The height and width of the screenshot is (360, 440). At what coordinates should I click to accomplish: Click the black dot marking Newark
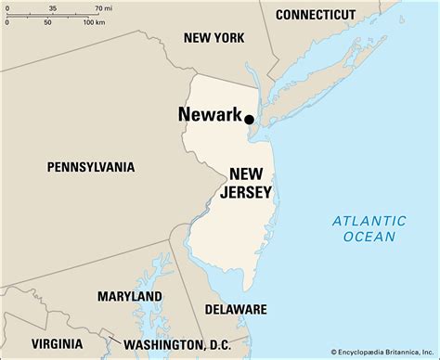pos(249,118)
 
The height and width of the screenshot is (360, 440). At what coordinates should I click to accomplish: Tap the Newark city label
pos(210,116)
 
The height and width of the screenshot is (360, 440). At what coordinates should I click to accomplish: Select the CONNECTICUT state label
pos(316,15)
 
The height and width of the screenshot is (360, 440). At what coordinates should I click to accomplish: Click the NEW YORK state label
pos(214,38)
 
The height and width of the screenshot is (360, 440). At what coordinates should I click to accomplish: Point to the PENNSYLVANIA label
pos(91,167)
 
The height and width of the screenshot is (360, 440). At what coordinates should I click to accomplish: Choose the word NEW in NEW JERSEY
pos(250,174)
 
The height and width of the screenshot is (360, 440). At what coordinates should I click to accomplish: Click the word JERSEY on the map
pos(246,193)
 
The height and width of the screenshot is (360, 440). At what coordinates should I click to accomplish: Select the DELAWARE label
pos(236,309)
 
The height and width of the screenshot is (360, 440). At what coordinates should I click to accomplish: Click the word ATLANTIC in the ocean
pos(369,221)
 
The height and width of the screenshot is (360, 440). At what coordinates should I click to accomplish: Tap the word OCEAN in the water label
pos(369,238)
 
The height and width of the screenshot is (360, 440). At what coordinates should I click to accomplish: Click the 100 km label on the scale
pos(94,22)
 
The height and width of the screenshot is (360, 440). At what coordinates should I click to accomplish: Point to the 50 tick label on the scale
pos(46,22)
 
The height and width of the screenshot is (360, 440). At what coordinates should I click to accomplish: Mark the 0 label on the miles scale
pos(7,7)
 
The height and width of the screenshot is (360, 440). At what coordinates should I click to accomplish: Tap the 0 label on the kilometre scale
pos(7,22)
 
